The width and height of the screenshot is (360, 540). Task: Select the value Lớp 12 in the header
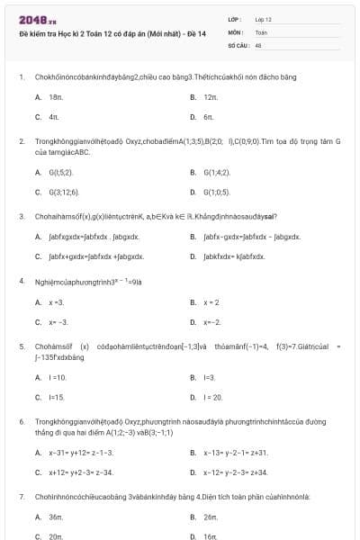coord(264,19)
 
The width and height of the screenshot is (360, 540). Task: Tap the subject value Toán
coord(261,31)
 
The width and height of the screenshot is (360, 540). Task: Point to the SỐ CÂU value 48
coord(258,44)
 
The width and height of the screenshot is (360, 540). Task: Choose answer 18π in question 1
coord(56,96)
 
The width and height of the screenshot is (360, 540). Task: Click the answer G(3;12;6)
coord(64,192)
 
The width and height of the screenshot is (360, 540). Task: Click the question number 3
coord(22,216)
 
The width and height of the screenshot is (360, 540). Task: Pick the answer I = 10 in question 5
coord(58,377)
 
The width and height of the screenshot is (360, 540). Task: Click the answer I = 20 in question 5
coord(212,397)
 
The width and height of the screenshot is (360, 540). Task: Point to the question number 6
coord(22,421)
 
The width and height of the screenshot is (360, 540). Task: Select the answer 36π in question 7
coord(56,517)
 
